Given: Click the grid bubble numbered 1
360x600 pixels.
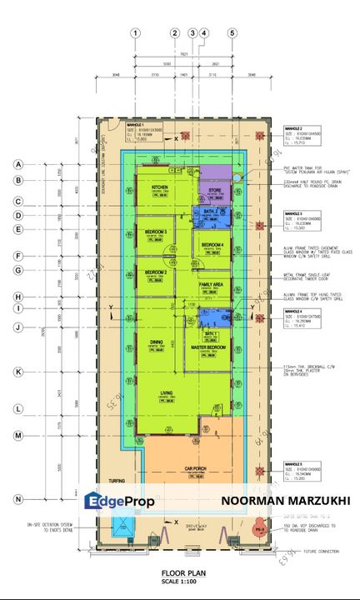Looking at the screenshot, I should click(x=135, y=33).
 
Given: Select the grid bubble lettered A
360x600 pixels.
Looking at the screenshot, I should click(x=17, y=165).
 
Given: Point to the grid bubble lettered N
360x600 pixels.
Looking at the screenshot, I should click(x=17, y=498).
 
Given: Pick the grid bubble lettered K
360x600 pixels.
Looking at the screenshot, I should click(x=17, y=371).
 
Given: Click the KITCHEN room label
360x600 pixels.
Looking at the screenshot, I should click(x=160, y=187).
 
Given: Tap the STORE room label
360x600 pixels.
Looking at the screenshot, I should click(x=215, y=190).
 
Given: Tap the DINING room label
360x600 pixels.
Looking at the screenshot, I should click(x=156, y=342).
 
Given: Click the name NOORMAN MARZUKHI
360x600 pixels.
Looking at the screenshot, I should click(x=286, y=501).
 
